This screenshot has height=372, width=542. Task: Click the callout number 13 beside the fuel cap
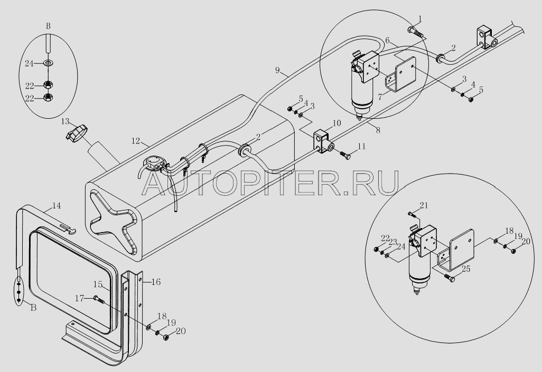click(64, 122)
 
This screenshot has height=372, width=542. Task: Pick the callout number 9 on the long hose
click(277, 70)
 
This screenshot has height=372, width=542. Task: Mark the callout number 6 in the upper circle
click(387, 41)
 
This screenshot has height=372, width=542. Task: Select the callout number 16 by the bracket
click(155, 282)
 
